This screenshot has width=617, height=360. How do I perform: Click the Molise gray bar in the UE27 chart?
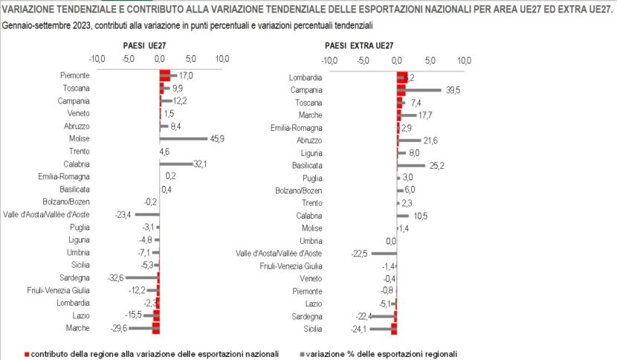click(x=184, y=138)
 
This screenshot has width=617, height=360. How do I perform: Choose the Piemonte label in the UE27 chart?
click(x=75, y=75)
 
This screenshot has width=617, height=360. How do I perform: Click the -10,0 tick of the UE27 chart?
click(x=97, y=59)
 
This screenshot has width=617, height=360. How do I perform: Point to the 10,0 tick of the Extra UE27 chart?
click(x=464, y=60)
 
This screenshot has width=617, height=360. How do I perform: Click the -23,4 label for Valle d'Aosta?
click(x=123, y=215)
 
